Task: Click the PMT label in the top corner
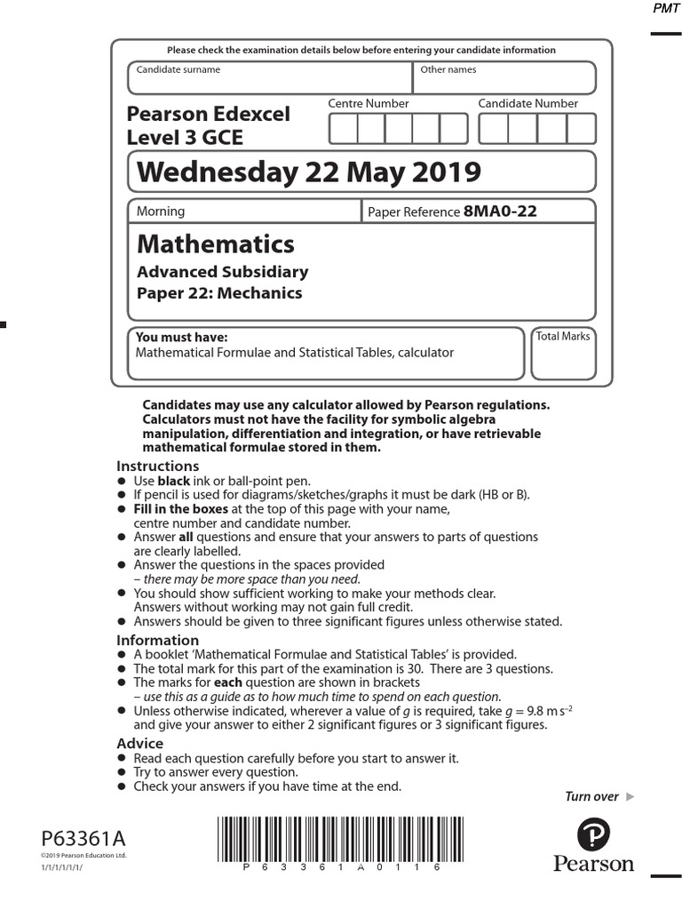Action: [666, 8]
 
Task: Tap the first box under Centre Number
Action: [343, 129]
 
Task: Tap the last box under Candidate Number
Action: [581, 129]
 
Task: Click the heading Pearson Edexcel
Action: [208, 115]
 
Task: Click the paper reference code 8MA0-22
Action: [500, 212]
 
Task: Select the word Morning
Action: [161, 212]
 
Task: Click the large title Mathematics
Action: [216, 243]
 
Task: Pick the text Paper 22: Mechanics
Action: [218, 293]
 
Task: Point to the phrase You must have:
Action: [181, 338]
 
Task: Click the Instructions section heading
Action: [158, 467]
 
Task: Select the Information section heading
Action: [158, 641]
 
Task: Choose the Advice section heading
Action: [140, 743]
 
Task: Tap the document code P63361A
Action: [83, 839]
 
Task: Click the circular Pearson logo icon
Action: [593, 835]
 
